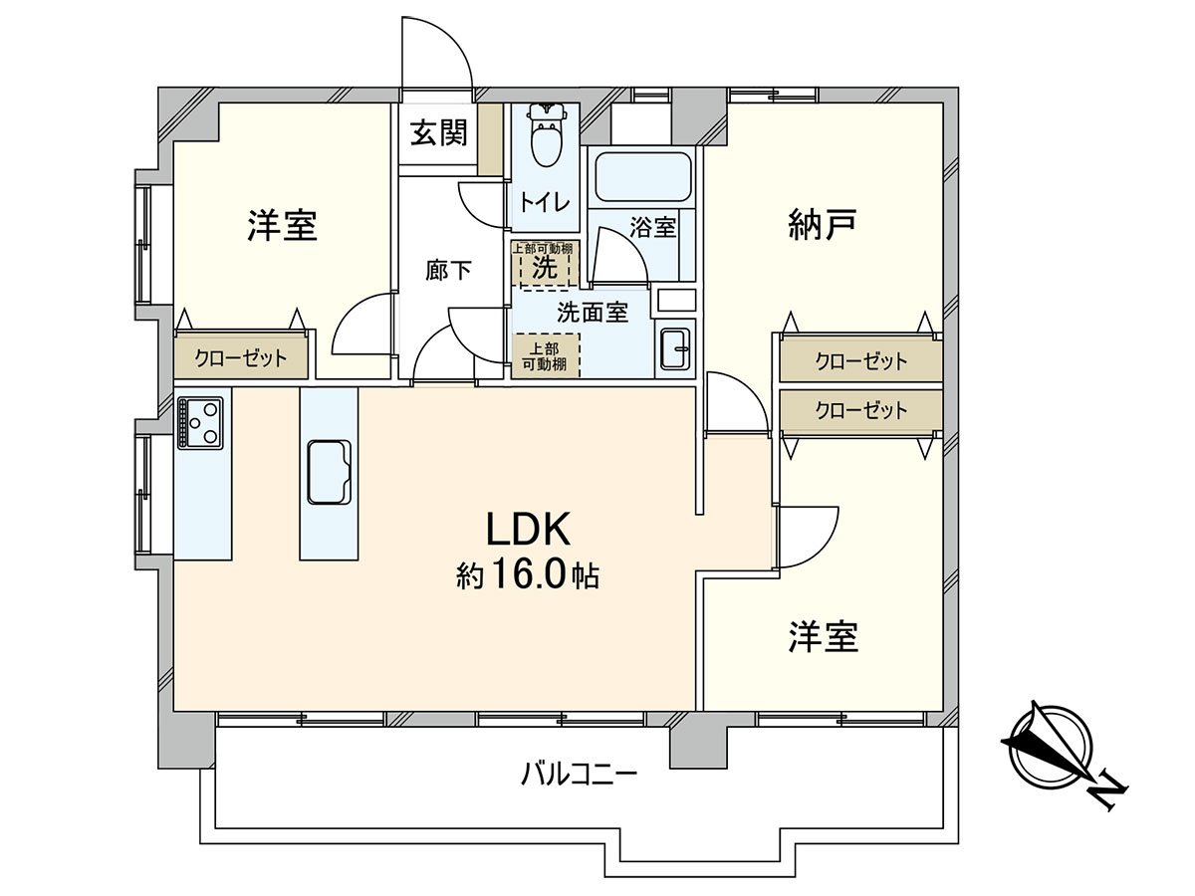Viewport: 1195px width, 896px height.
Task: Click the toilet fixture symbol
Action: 544,137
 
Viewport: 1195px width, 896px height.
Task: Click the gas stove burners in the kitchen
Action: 203,422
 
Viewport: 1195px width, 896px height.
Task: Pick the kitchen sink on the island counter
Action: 329,472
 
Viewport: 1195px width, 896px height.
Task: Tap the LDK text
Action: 528,531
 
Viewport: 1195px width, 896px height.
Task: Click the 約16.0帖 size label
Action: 528,575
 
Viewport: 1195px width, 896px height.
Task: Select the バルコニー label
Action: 579,773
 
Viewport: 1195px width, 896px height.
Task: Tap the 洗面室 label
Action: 592,312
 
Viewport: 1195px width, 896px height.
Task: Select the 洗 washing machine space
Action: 543,266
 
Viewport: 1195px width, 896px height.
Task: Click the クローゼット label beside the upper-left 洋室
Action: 240,358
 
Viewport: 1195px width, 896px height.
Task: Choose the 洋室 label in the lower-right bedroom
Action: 824,637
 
